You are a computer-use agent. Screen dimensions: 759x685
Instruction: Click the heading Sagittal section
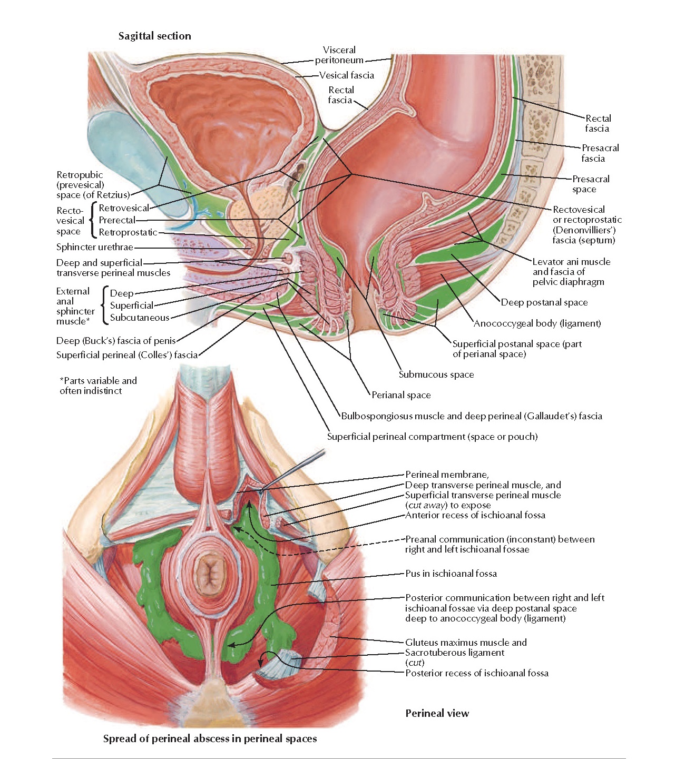coord(154,36)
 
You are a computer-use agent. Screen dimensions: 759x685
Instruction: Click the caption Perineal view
coord(437,713)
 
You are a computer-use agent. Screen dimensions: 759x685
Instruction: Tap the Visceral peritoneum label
coord(339,55)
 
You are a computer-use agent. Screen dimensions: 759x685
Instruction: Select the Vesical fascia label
coord(346,75)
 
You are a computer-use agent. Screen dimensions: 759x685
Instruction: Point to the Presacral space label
coord(590,184)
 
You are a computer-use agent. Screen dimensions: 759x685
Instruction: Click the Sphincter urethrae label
coord(95,247)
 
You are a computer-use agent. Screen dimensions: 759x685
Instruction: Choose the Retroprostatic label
coord(128,232)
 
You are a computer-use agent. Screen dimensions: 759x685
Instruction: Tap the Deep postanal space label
coord(544,302)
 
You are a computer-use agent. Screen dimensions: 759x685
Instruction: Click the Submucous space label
coord(436,374)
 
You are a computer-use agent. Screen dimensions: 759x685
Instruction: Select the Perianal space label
coord(401,395)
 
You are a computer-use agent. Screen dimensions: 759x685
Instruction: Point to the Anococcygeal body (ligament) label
coord(537,323)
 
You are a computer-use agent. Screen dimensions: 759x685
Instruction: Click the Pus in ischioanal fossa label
coord(451,574)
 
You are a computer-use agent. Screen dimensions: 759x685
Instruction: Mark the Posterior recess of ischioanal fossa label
coord(476,673)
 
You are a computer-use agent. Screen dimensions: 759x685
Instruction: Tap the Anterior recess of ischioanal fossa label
coord(475,515)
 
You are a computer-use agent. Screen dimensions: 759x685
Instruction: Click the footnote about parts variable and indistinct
coord(98,386)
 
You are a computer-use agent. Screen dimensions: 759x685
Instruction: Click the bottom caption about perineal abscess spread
coord(210,738)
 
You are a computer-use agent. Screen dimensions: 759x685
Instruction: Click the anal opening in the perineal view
coord(210,571)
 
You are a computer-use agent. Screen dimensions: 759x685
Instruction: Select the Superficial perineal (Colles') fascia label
coord(127,355)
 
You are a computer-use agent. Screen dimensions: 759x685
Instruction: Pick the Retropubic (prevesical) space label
coord(93,185)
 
